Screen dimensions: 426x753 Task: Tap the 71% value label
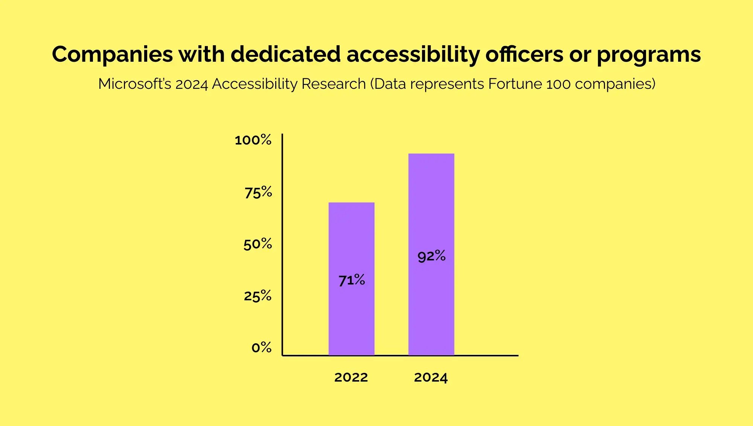352,280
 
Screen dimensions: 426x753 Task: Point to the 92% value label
431,256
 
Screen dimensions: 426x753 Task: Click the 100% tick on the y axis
253,140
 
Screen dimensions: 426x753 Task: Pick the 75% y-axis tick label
258,192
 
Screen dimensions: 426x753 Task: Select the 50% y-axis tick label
258,244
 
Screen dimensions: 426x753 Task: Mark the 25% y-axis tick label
258,296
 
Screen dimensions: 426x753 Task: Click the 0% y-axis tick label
261,347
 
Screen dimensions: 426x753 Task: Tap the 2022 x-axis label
351,377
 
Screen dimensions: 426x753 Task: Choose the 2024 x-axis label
431,377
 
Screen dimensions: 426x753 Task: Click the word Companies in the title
112,55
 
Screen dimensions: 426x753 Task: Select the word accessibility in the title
413,55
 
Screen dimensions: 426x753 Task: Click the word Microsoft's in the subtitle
134,84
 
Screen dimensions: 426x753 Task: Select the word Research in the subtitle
334,84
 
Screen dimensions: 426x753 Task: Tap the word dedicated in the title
285,55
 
